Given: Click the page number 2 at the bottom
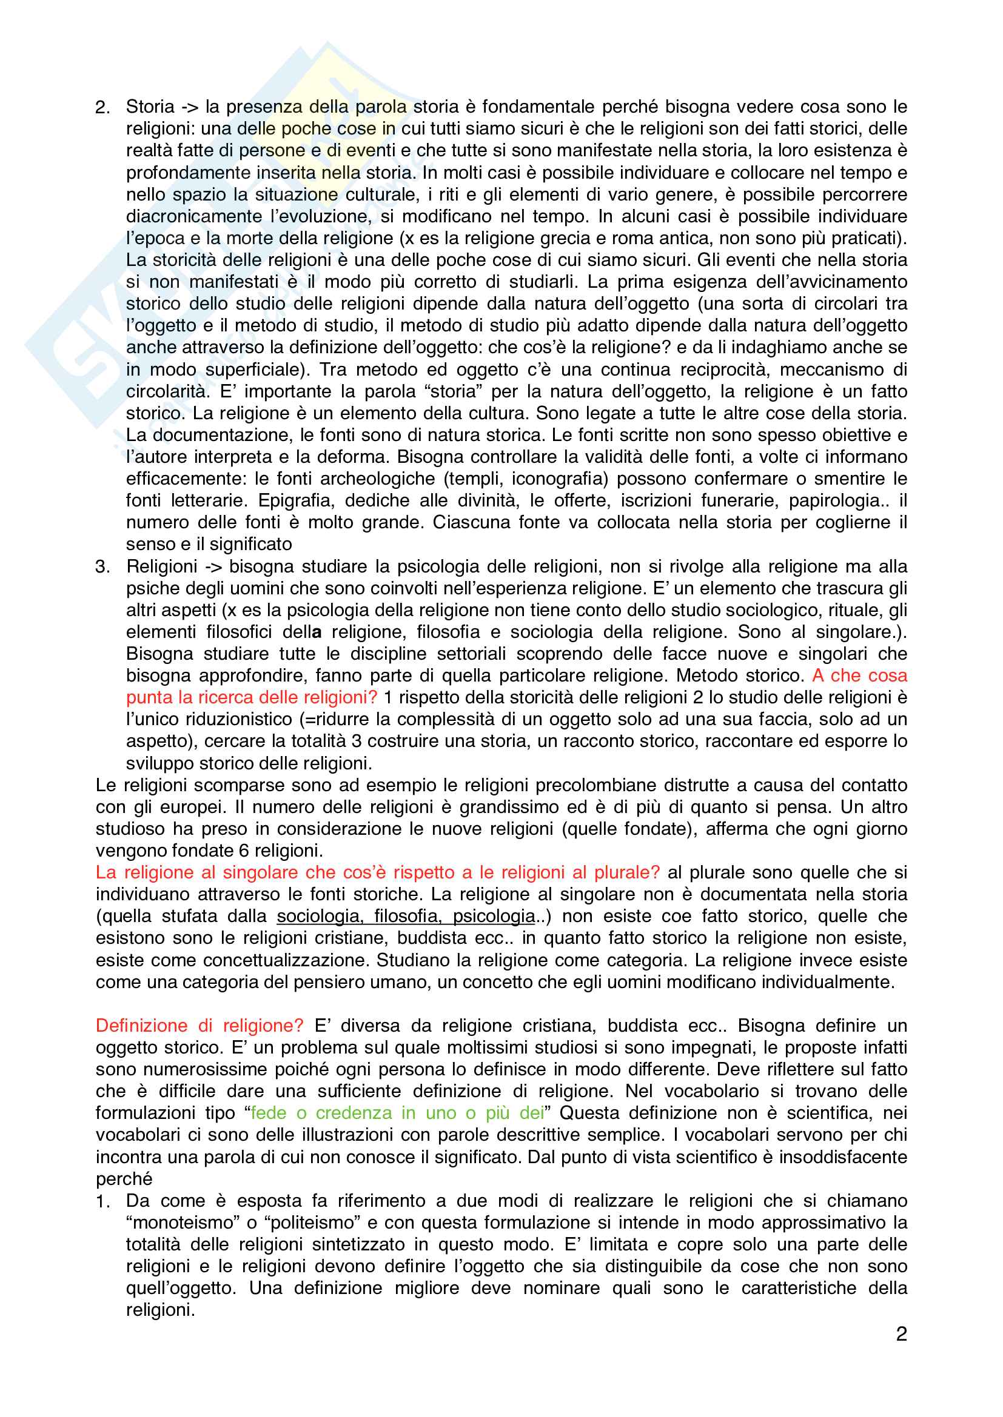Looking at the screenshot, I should pos(901,1334).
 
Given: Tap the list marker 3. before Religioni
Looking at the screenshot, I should pos(102,566).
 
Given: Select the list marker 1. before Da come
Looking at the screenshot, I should pos(102,1201).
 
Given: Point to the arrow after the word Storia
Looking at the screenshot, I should pos(190,107).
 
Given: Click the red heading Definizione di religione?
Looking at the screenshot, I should pos(200,1026).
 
